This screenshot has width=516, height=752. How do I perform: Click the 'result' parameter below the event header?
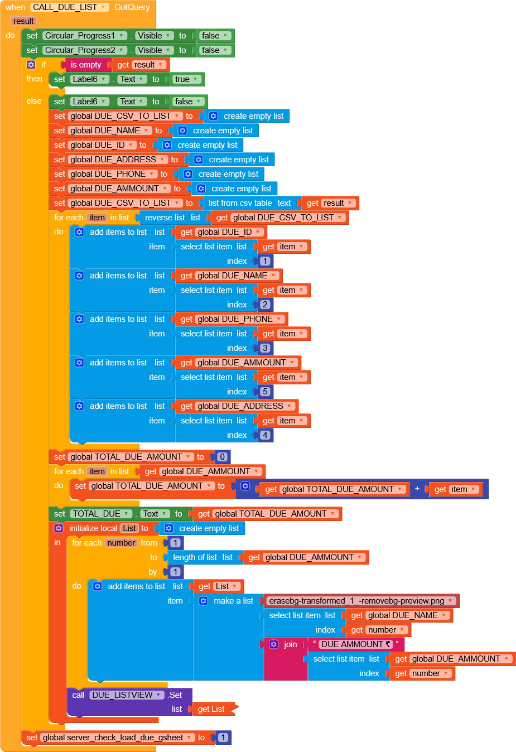(23, 21)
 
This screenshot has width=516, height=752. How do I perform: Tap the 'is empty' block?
(85, 65)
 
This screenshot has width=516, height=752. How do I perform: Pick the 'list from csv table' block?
(240, 203)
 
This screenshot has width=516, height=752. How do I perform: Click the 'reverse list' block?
(164, 218)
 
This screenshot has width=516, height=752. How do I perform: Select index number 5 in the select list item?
(265, 392)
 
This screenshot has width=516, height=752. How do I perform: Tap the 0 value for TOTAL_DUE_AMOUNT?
(222, 457)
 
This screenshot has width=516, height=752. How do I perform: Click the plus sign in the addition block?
(417, 489)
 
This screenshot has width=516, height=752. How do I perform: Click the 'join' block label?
(290, 644)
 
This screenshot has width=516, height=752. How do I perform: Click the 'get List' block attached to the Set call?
(211, 709)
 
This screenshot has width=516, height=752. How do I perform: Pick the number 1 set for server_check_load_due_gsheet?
(223, 737)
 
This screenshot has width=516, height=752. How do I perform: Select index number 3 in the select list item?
(265, 348)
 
